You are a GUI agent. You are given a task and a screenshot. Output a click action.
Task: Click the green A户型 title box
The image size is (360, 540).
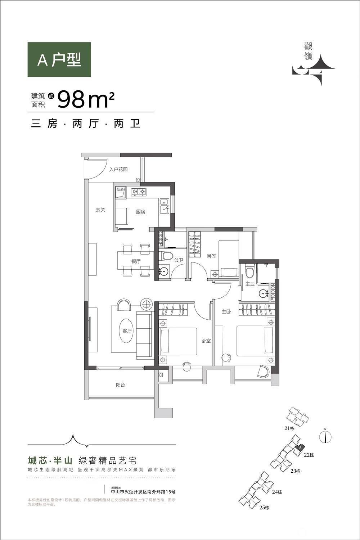pos(59,60)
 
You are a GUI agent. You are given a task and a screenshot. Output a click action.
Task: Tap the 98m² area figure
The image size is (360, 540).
pos(86,100)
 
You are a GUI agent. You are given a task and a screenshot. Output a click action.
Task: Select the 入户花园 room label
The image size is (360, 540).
pos(118,169)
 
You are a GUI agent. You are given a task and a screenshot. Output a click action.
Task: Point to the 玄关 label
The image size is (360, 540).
pos(100,210)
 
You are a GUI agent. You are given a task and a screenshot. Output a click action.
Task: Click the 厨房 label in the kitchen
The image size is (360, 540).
pos(140,212)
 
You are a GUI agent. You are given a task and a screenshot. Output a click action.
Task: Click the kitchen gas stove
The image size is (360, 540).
pos(138,192)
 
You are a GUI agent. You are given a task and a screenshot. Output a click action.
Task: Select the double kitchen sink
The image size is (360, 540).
pos(164,206)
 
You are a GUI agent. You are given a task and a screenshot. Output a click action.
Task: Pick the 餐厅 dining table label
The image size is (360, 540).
pos(136,261)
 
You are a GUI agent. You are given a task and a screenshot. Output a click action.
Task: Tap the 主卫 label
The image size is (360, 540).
pos(250,284)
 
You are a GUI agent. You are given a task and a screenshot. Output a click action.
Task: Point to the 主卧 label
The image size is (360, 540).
pos(226,312)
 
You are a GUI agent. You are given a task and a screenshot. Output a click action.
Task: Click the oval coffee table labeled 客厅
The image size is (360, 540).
pos(127,331)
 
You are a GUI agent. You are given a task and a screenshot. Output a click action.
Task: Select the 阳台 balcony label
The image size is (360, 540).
pos(120,385)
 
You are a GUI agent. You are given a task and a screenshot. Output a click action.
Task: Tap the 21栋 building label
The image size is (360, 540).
pos(289,428)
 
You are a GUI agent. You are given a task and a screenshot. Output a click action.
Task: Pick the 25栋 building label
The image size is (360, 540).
pos(264,508)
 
